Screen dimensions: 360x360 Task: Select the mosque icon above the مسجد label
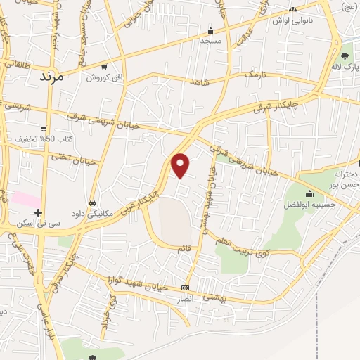210,30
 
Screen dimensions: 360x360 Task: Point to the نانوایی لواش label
302,22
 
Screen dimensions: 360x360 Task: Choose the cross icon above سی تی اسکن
39,212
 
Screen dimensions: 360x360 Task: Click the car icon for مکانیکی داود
92,202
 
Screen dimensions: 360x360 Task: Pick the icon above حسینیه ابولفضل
309,194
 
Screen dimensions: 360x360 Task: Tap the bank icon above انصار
185,288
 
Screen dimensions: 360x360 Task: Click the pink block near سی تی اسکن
26,199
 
